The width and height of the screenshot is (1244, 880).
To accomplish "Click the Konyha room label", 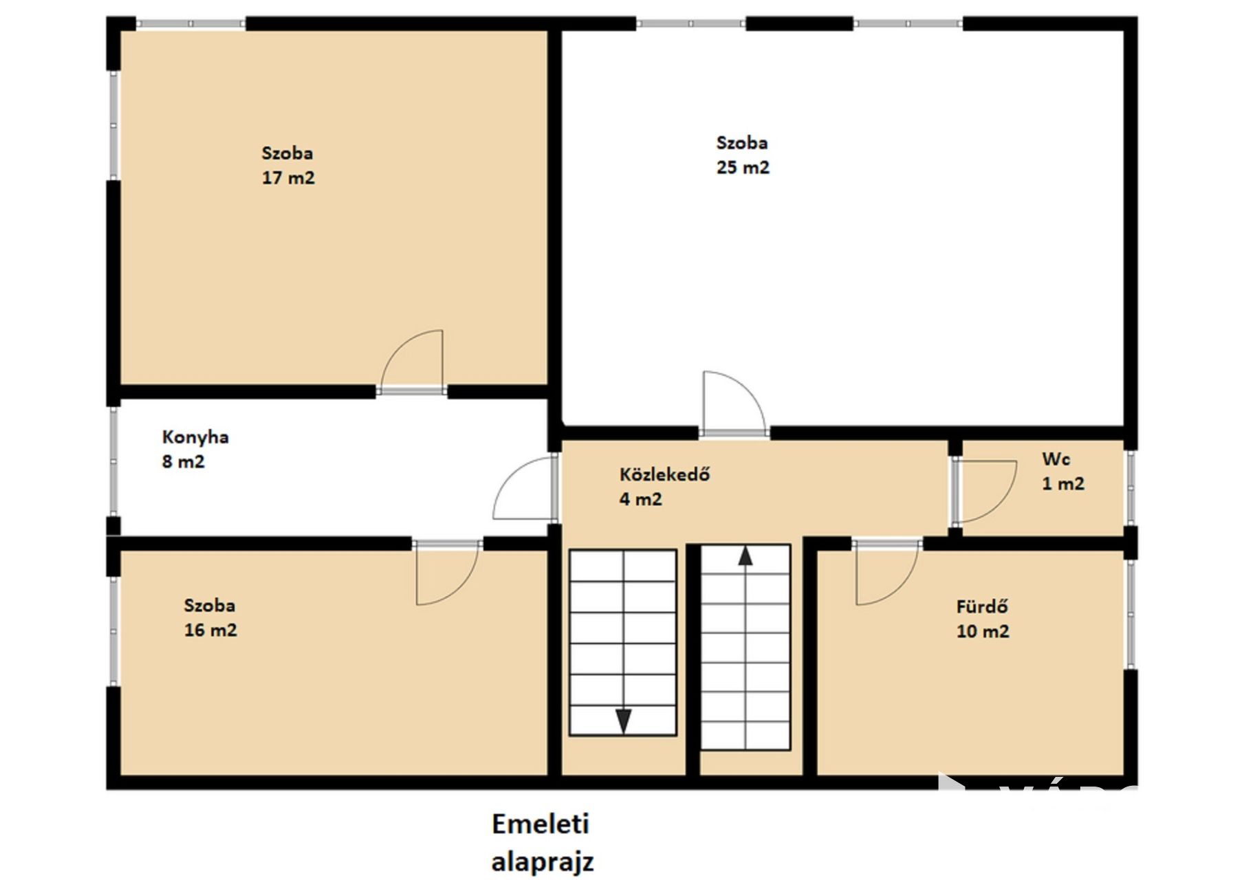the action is coord(195,437).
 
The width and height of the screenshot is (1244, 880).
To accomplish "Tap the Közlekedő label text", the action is coord(664,474).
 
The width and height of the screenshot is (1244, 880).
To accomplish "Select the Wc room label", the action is coord(1056,459).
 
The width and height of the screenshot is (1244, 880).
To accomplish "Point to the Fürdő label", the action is coord(983,606).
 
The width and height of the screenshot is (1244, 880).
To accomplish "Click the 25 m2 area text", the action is coord(743,167).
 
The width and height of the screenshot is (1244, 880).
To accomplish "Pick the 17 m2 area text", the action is coord(288,177).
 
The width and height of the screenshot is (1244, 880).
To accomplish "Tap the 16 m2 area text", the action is coord(210,630).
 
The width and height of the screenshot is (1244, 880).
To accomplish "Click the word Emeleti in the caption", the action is coord(541,824).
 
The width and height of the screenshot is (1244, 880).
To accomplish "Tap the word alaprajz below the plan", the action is coord(542,861).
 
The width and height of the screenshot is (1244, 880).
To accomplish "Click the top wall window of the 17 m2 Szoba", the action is coord(190,24).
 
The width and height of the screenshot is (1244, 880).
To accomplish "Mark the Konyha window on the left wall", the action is coord(113,461).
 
